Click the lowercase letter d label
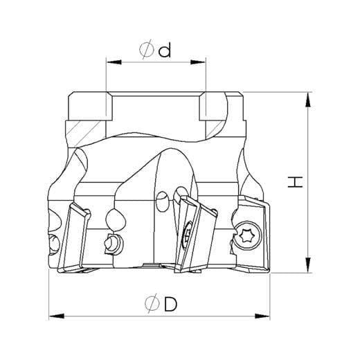(x=165, y=51)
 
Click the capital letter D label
(x=171, y=304)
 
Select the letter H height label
(x=295, y=182)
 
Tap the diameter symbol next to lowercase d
(x=147, y=49)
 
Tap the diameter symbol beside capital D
(x=152, y=303)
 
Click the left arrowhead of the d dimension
(x=114, y=62)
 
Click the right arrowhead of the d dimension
(x=198, y=62)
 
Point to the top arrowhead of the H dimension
(x=308, y=100)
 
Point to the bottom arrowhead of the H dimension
(x=308, y=265)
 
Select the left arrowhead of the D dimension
(x=57, y=316)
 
